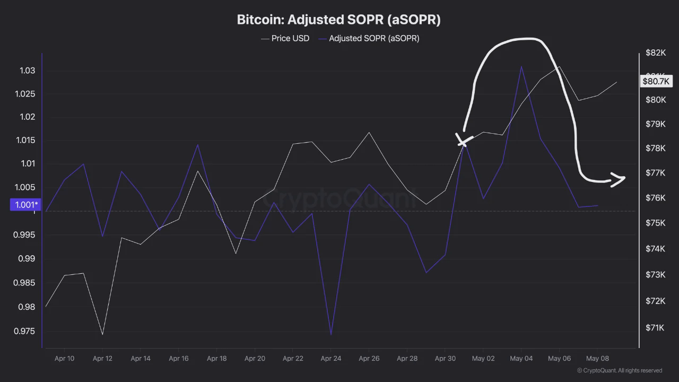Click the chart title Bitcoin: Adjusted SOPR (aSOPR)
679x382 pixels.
(338, 20)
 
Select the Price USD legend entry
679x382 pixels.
(285, 39)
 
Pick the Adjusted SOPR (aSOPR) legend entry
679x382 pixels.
(369, 39)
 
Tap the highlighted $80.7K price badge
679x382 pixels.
(656, 81)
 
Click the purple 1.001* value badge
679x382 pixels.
(25, 205)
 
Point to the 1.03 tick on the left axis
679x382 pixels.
(27, 71)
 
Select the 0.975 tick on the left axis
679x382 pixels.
(24, 331)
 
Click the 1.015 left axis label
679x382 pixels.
(25, 141)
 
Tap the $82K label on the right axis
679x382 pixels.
(656, 53)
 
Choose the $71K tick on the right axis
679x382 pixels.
(655, 328)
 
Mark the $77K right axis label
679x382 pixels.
(655, 173)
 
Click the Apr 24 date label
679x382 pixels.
(330, 358)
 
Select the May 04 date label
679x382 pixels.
(521, 358)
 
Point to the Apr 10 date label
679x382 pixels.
(64, 358)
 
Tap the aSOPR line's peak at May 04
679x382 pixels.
(521, 66)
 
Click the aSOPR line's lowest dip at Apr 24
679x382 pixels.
(330, 335)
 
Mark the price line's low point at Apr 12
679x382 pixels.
(102, 334)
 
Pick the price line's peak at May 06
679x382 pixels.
(559, 66)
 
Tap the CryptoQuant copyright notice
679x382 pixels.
(620, 370)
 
